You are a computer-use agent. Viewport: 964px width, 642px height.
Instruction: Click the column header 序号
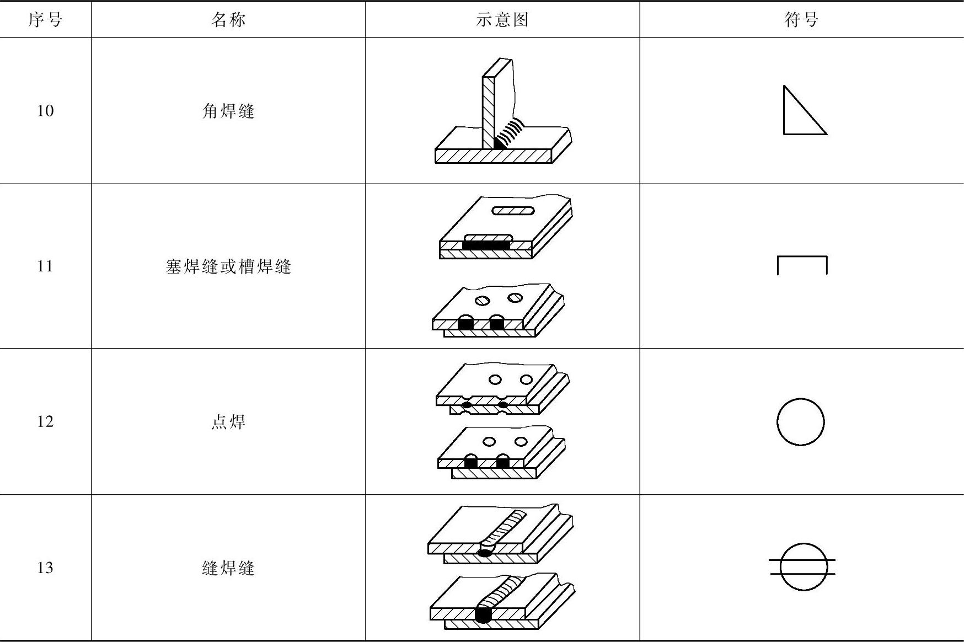click(45, 20)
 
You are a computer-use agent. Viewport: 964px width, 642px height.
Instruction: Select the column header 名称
click(228, 20)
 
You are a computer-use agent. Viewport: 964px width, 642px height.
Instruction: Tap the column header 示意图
click(502, 20)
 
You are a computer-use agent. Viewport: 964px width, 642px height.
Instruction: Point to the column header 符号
click(801, 20)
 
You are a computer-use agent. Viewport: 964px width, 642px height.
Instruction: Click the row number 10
click(45, 111)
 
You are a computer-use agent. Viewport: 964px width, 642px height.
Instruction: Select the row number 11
click(45, 266)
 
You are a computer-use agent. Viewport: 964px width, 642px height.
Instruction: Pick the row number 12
click(45, 422)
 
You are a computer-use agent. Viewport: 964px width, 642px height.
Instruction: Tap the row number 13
click(45, 568)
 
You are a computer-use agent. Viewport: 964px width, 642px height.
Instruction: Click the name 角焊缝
click(228, 111)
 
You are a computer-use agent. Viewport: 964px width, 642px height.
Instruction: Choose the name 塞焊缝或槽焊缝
click(228, 267)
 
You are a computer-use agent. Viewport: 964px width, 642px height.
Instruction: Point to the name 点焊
click(228, 422)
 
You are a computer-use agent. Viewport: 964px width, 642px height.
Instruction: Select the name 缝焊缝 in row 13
click(228, 568)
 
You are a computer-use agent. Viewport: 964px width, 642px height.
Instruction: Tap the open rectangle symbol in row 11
click(802, 264)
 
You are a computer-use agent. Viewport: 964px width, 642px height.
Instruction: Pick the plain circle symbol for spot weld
click(800, 422)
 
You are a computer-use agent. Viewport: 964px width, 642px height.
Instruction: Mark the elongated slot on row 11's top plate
click(513, 211)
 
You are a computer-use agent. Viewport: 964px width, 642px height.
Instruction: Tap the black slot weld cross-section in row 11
click(486, 245)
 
